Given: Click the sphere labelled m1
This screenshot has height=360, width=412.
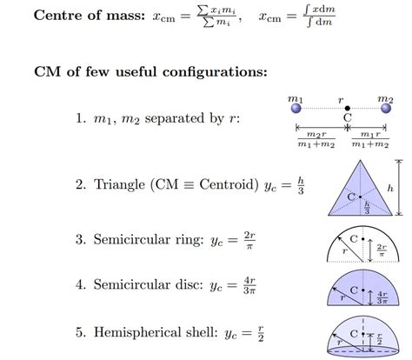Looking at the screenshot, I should click(296, 109).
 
